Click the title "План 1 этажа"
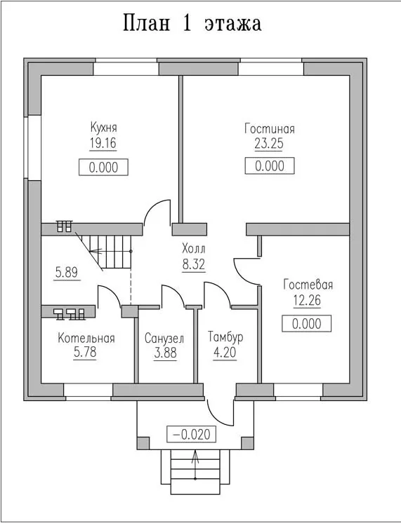click(192, 24)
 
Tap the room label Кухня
click(104, 128)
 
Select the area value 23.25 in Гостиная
click(269, 144)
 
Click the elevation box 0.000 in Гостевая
click(306, 323)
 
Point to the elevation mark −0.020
click(192, 434)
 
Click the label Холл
click(194, 248)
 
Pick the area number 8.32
click(194, 264)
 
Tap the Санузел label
click(164, 338)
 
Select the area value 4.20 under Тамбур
click(225, 353)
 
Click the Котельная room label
click(86, 338)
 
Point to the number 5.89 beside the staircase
click(67, 273)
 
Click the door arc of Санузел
click(176, 291)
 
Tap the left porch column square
click(143, 443)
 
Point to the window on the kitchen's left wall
click(32, 147)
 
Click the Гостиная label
click(270, 128)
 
